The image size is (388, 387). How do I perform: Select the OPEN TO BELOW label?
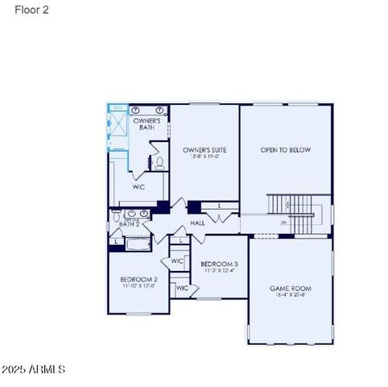pos(285,150)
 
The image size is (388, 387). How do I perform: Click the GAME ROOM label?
pos(290,288)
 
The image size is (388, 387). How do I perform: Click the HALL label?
pos(197,223)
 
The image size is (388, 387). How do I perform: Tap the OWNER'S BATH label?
pos(147,124)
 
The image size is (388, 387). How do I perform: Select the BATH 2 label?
pos(130,224)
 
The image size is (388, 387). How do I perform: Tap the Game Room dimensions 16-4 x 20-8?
pos(290,296)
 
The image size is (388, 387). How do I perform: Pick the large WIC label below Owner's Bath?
pos(138,186)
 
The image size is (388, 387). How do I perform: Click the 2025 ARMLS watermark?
pos(34,369)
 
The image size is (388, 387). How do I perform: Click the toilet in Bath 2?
pos(117,217)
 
